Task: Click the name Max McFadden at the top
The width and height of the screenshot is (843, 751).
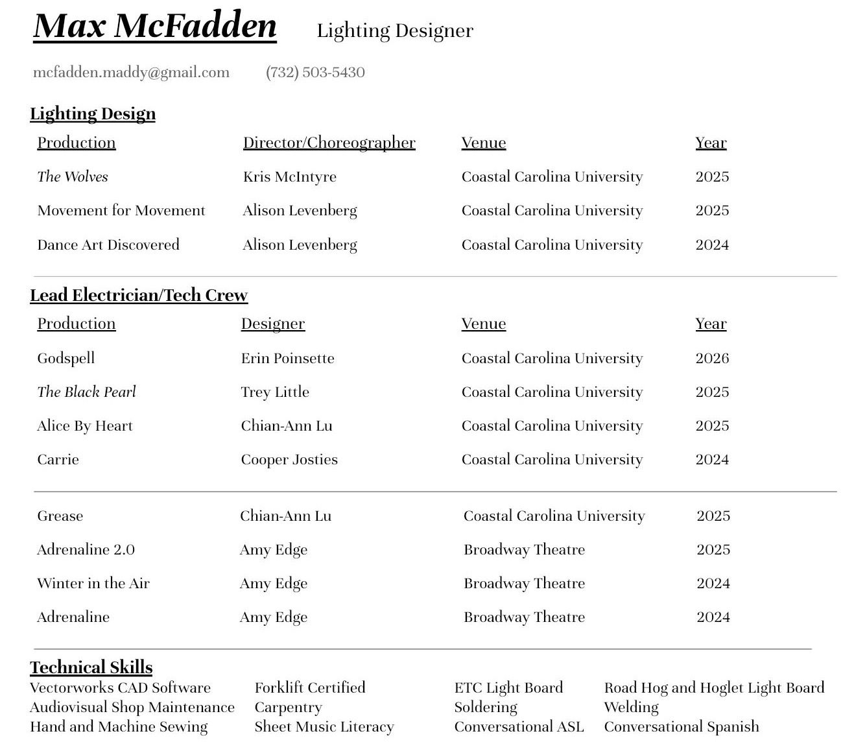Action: click(x=155, y=27)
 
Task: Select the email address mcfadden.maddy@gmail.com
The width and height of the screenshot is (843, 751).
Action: click(x=131, y=72)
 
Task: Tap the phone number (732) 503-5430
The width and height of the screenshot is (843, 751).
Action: click(x=315, y=72)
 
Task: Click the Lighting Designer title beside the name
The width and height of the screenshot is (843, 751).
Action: click(x=395, y=30)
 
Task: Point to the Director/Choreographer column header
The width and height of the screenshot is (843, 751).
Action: click(x=329, y=143)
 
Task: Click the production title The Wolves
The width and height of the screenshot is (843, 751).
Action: click(x=73, y=176)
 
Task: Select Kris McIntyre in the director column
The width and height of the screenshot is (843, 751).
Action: click(x=289, y=176)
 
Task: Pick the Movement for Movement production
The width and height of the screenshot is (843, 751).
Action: click(x=121, y=210)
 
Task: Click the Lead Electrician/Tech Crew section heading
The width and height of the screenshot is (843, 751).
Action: click(x=139, y=295)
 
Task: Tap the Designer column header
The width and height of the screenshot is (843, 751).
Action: click(x=272, y=324)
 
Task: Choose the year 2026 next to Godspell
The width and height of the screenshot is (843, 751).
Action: click(x=712, y=358)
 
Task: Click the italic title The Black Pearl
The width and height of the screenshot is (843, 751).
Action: click(x=87, y=392)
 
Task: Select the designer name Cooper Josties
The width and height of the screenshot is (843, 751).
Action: click(x=289, y=459)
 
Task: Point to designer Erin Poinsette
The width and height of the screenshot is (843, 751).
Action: click(x=287, y=358)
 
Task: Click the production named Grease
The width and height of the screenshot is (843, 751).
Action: click(x=60, y=516)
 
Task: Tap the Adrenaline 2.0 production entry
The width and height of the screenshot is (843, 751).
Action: click(x=86, y=549)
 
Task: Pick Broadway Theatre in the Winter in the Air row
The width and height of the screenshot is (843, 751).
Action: click(x=524, y=583)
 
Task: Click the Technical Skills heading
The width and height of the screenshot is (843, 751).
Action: click(x=91, y=667)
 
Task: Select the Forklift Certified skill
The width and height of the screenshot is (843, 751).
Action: click(x=310, y=687)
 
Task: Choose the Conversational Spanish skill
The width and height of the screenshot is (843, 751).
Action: click(x=682, y=726)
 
